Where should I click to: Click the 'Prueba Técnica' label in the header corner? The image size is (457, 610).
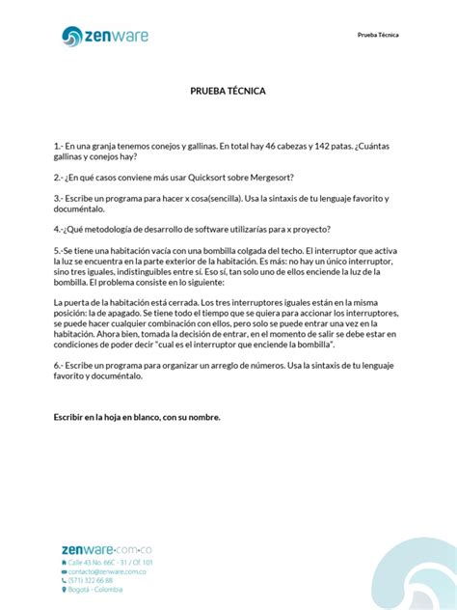[378, 35]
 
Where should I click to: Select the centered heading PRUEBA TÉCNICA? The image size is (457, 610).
[228, 92]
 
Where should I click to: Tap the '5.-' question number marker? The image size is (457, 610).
[60, 250]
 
